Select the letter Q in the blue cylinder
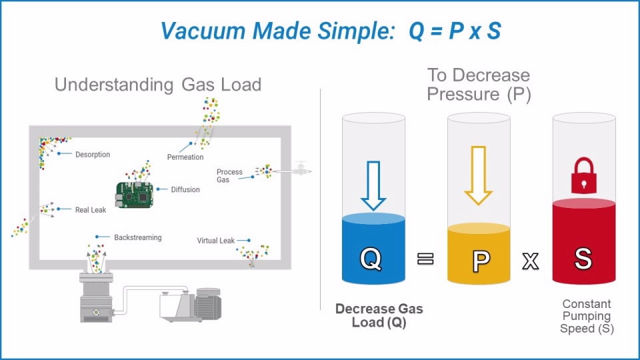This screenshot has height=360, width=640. [x=372, y=259]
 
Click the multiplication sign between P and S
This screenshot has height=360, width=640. [x=530, y=261]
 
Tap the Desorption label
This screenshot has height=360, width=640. [x=93, y=155]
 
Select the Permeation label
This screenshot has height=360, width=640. [x=185, y=157]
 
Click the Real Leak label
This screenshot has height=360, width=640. [x=91, y=210]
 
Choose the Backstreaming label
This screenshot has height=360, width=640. [x=137, y=237]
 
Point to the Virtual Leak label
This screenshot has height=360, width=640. [x=216, y=241]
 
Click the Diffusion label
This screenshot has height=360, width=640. [x=185, y=189]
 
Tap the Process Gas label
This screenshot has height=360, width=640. [x=229, y=176]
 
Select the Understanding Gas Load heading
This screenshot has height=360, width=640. [x=158, y=85]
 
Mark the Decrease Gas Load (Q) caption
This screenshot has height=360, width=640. [x=379, y=315]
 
